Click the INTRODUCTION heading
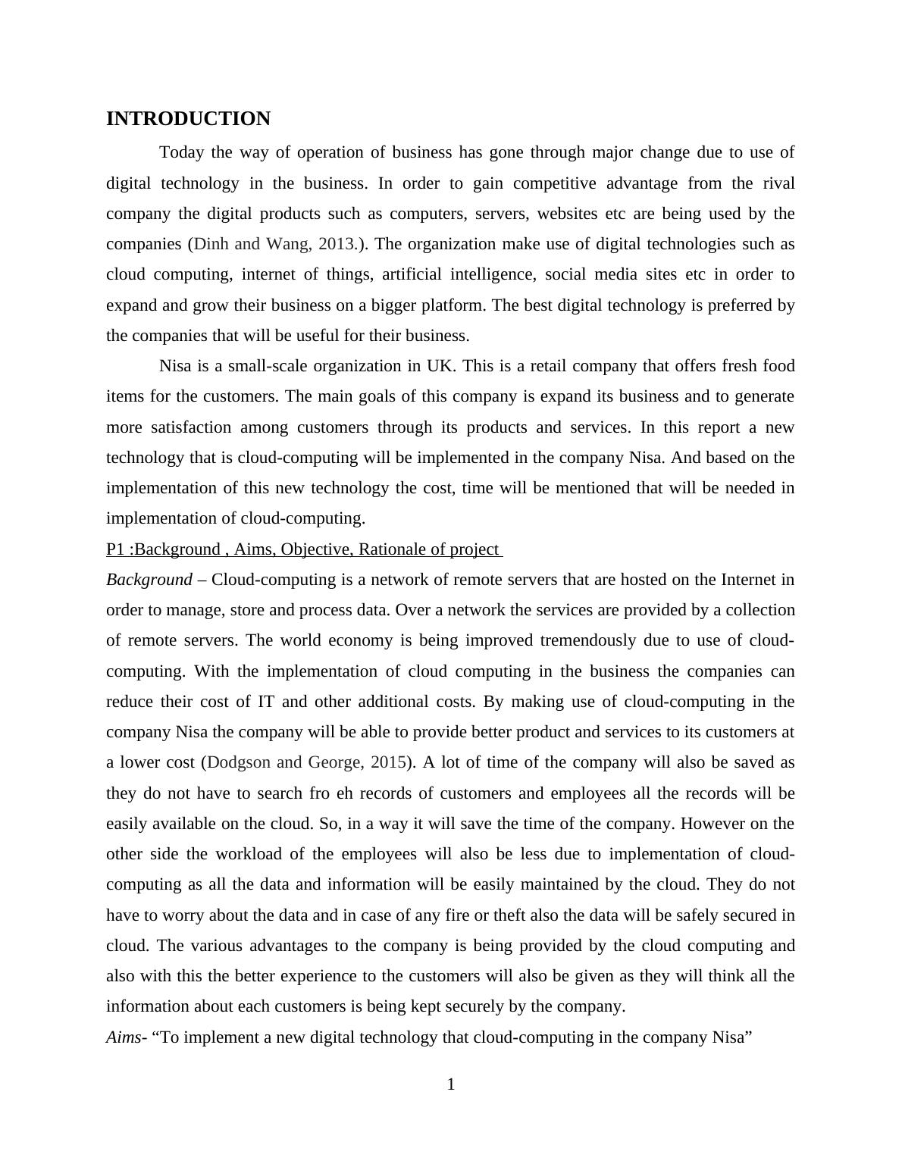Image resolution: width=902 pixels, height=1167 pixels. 188,119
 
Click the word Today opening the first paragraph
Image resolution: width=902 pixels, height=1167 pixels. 182,152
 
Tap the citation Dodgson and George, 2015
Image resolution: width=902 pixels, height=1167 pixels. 307,762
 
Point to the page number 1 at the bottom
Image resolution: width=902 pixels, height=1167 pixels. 451,1085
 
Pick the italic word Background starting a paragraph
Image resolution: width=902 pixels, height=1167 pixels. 149,580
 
